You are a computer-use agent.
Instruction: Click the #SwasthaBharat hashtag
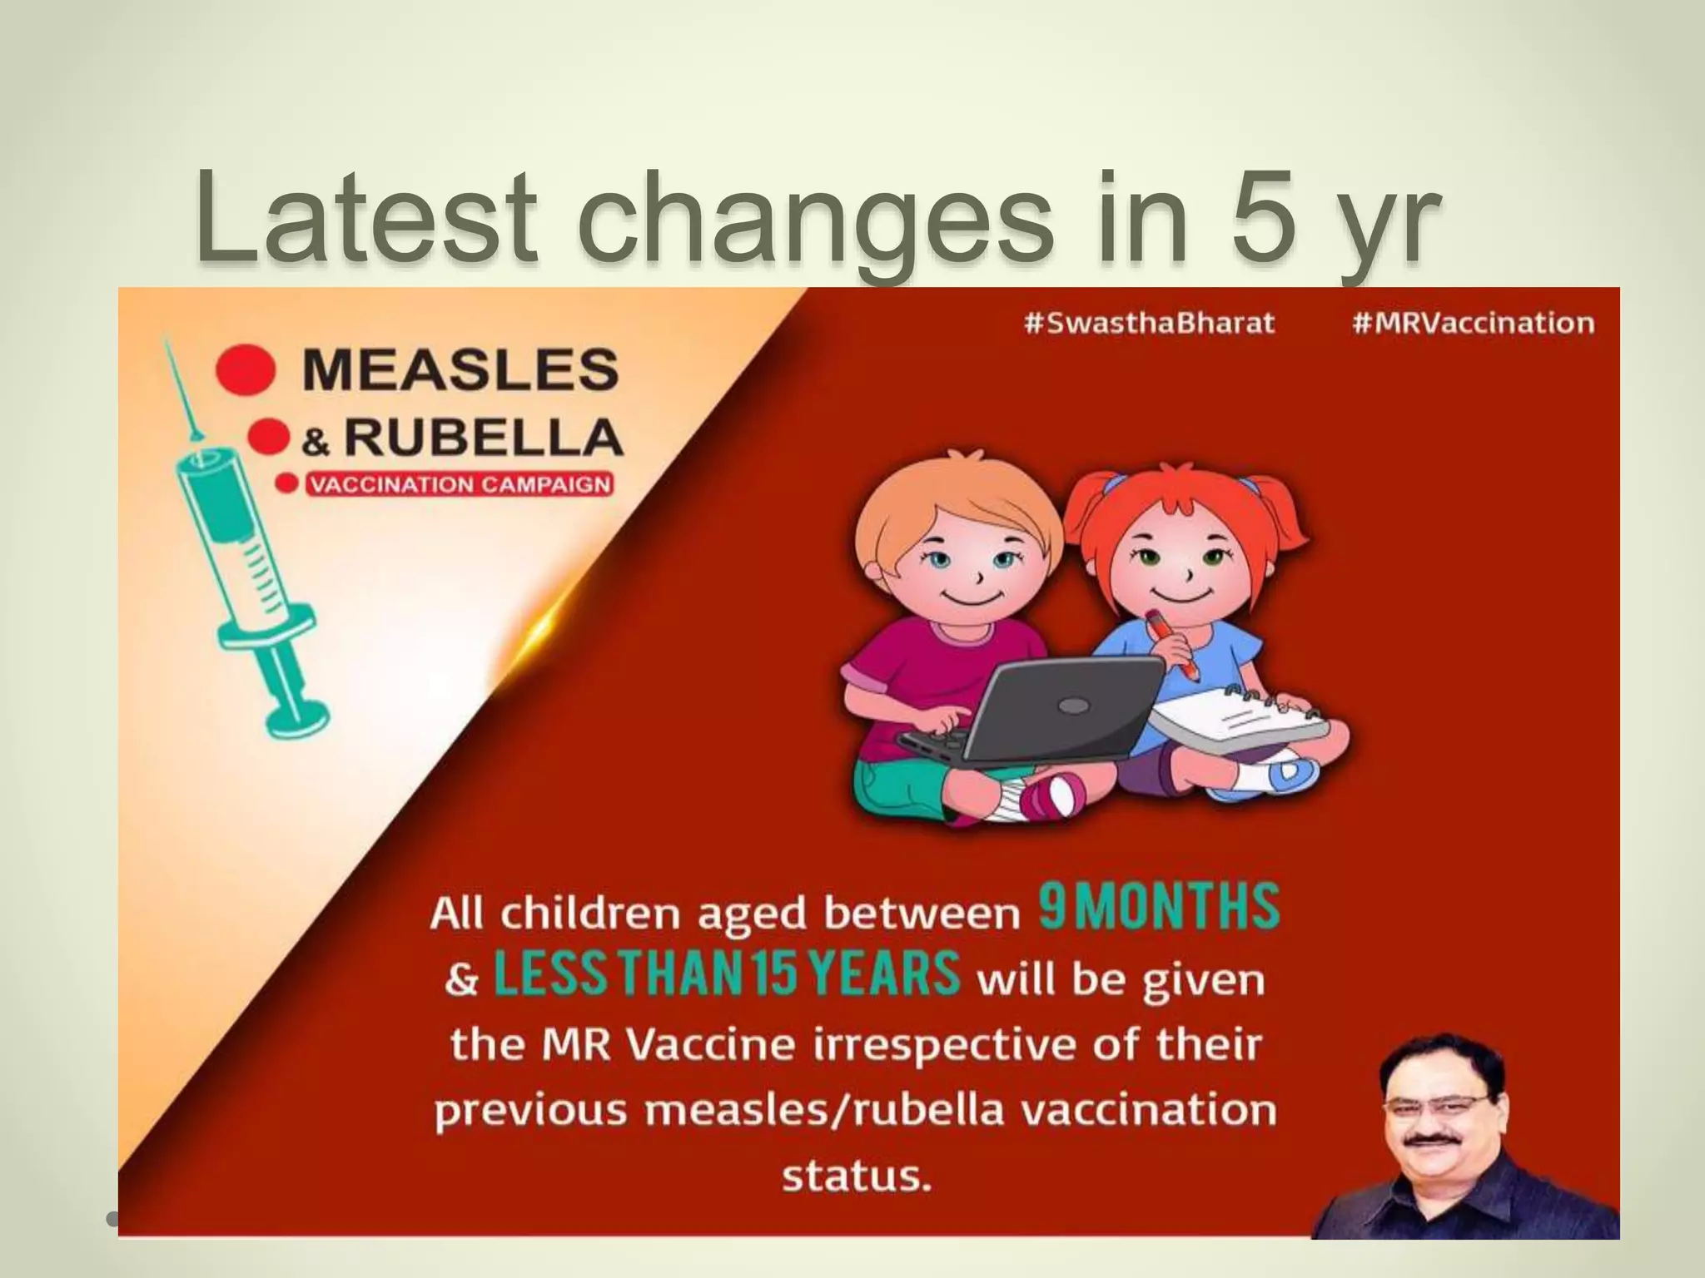click(1149, 323)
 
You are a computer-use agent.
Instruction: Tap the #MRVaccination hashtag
click(1473, 323)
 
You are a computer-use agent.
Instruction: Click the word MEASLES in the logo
click(460, 371)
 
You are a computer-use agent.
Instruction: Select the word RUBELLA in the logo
click(484, 438)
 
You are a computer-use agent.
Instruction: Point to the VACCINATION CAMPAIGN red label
click(460, 485)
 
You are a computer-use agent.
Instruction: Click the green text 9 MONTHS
click(1158, 908)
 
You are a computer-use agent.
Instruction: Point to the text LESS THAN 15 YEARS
click(727, 974)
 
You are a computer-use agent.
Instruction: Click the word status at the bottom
click(855, 1176)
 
